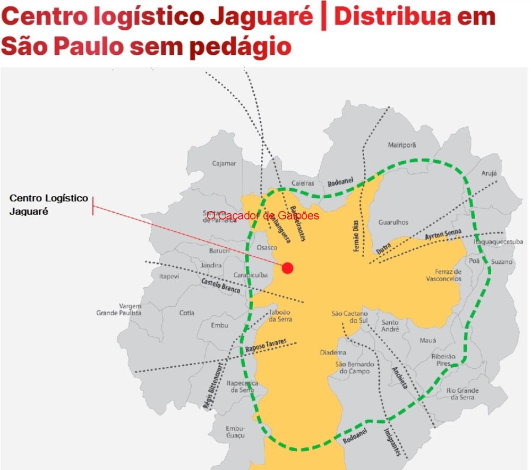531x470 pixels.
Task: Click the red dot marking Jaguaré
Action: (x=287, y=267)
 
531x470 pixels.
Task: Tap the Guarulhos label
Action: (x=393, y=223)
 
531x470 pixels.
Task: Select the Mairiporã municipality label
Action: (x=402, y=145)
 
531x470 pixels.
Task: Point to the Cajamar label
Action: (x=224, y=163)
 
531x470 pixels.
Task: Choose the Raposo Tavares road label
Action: (x=266, y=345)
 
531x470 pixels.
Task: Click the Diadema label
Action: (x=333, y=352)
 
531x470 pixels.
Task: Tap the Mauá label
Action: (x=427, y=340)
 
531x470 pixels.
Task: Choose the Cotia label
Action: (x=187, y=313)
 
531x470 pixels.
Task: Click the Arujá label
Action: (x=489, y=173)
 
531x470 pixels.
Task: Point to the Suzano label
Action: (x=502, y=262)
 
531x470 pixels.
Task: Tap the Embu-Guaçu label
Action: (x=235, y=432)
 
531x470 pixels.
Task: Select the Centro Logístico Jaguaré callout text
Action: (x=49, y=204)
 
